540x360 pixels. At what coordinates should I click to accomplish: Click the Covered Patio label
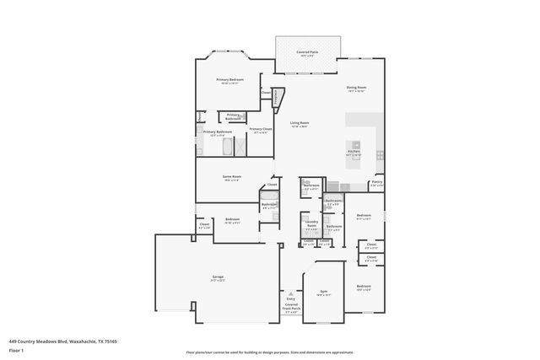pos(307,53)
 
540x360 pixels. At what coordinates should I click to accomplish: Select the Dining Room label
pos(356,88)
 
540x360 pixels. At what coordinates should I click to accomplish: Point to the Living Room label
pos(300,124)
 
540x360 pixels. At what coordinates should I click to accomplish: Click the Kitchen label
pos(354,153)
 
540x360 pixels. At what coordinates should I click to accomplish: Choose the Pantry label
pos(376,184)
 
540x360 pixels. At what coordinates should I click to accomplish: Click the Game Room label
pos(231,177)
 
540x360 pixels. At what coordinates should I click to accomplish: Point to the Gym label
pos(321,293)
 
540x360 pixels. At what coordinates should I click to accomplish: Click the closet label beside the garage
pos(203,226)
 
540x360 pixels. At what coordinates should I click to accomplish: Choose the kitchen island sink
pos(356,144)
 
